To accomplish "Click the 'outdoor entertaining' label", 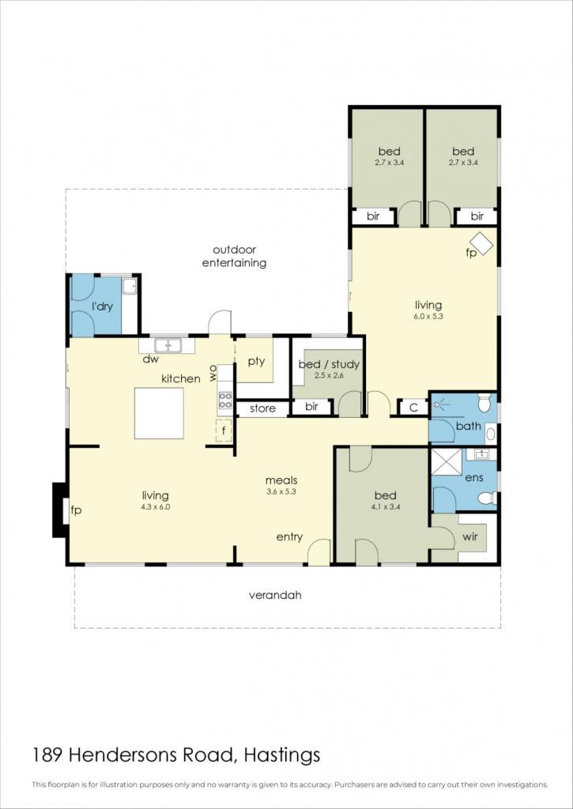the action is pos(234,257).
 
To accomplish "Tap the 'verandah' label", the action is pos(275,595).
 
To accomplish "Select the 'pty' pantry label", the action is pos(256,361).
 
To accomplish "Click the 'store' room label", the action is pos(262,408).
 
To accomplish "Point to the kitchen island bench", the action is pos(159,413).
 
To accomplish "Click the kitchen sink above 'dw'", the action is pos(167,344).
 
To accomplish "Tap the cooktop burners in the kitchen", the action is pos(225,401).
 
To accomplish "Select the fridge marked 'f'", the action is pos(224,431).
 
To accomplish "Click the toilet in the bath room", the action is pos(484,403).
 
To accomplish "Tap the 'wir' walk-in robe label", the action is pos(470,536).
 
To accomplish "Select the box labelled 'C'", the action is pos(413,408).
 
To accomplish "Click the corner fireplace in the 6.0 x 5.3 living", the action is pos(482,243).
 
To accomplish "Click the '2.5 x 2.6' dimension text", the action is pos(328,375).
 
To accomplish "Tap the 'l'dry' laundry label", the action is pos(102,307).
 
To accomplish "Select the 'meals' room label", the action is pos(281,481).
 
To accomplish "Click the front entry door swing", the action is pos(319,551).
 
